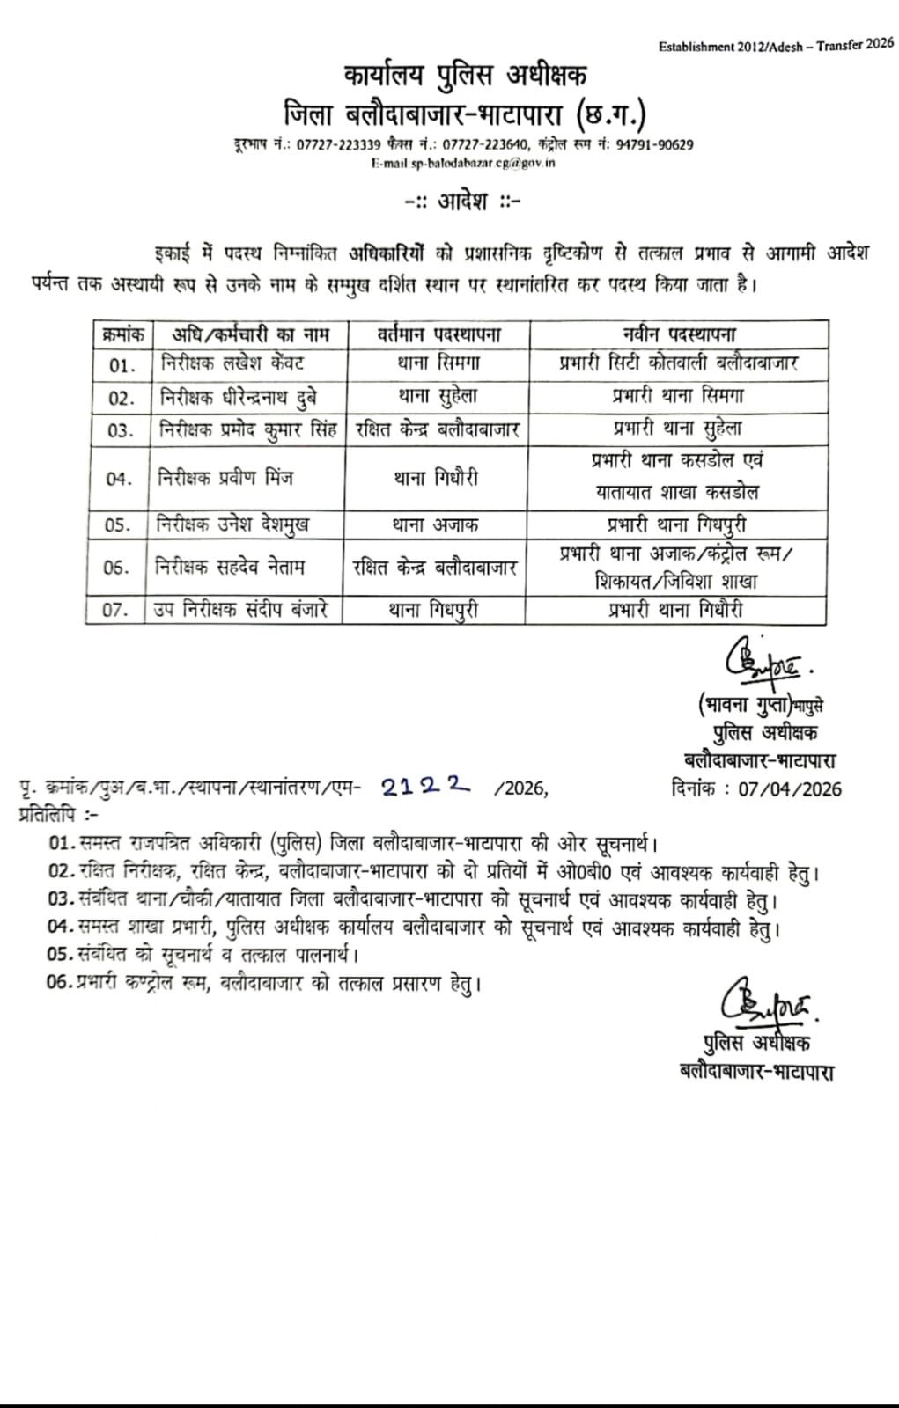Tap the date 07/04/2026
pos(790,788)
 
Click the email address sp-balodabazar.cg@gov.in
pos(463,163)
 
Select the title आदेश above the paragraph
pos(463,202)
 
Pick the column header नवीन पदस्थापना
pos(678,334)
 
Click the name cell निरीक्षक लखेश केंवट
pos(232,363)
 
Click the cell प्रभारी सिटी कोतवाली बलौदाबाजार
pos(679,363)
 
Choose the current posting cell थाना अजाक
pos(436,524)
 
